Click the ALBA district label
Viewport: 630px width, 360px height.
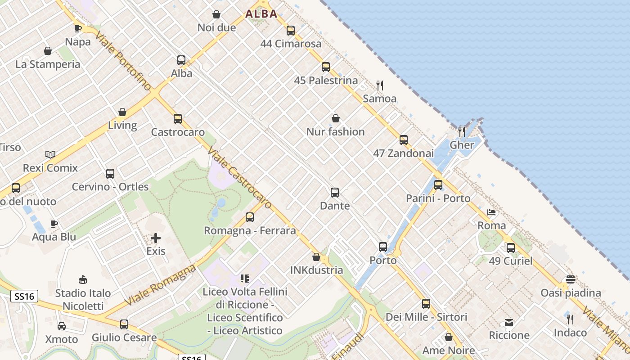click(261, 14)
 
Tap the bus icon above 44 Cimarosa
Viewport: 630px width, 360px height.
click(291, 31)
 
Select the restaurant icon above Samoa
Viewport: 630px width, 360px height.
click(380, 85)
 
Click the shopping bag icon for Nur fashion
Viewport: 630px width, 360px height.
click(335, 118)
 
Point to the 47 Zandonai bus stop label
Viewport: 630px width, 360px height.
click(403, 153)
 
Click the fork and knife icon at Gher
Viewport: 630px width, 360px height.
click(462, 131)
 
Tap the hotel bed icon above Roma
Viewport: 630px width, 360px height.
click(491, 212)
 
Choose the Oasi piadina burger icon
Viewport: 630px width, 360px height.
click(571, 279)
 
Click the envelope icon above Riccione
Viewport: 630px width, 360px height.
click(509, 322)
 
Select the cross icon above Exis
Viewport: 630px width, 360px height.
click(156, 238)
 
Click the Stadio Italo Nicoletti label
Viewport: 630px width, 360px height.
click(83, 300)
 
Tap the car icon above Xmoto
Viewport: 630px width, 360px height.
click(62, 326)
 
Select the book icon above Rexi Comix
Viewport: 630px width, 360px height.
click(50, 154)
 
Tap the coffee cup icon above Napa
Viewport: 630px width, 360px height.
click(78, 28)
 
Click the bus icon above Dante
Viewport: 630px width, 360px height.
click(335, 193)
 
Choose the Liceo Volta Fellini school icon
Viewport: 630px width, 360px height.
click(245, 279)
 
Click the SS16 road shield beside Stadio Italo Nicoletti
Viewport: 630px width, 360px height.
click(24, 296)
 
